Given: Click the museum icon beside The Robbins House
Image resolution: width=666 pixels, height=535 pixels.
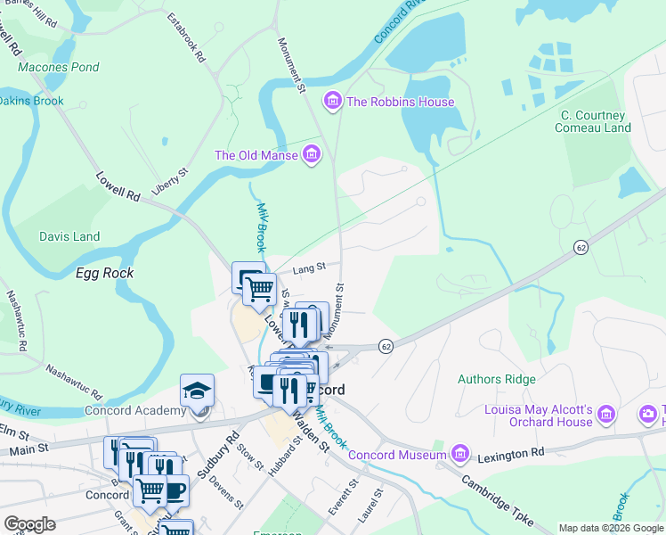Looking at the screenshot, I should (333, 102).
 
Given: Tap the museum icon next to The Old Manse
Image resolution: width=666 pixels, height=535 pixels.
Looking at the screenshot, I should (312, 155).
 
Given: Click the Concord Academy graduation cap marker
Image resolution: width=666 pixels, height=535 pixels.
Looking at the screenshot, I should (197, 391).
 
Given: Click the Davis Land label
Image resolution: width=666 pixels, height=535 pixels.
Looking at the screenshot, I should (69, 236).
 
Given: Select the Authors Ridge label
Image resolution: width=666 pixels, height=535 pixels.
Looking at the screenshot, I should (497, 379).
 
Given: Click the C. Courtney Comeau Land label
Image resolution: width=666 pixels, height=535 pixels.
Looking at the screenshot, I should (596, 121).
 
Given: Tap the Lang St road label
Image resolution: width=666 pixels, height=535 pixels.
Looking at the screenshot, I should (309, 266).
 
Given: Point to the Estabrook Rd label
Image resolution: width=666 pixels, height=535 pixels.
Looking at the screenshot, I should (188, 37).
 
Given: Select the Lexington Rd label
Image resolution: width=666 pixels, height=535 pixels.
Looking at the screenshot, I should (513, 453).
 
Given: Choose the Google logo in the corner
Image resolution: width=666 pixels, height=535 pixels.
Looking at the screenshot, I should (29, 524).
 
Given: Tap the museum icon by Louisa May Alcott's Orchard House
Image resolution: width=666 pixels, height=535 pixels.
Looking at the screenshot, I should (606, 414).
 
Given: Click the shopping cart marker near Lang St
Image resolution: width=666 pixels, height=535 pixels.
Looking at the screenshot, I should (259, 288).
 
